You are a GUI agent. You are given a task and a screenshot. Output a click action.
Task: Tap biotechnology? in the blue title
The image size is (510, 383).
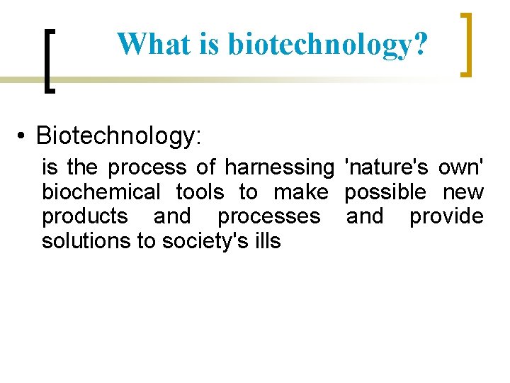pyautogui.click(x=328, y=44)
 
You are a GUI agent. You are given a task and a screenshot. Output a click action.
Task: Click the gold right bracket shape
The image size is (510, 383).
pyautogui.click(x=466, y=44)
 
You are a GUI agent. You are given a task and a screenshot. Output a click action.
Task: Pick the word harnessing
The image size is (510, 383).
pyautogui.click(x=278, y=168)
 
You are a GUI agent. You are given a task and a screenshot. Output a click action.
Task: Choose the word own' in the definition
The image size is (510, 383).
pyautogui.click(x=461, y=168)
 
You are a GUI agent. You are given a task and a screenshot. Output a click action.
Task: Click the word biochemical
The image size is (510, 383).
pyautogui.click(x=101, y=192)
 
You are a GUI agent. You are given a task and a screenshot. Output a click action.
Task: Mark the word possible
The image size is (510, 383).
pyautogui.click(x=385, y=192)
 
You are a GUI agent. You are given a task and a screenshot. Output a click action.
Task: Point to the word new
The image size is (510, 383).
pyautogui.click(x=463, y=192)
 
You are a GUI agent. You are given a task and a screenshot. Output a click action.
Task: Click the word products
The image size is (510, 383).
pyautogui.click(x=85, y=216)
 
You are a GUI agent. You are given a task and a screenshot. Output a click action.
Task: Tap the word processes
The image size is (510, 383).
pyautogui.click(x=268, y=216)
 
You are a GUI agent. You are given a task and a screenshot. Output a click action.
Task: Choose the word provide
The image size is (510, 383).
pyautogui.click(x=446, y=216)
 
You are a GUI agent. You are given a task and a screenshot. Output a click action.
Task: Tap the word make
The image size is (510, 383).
pyautogui.click(x=300, y=192)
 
